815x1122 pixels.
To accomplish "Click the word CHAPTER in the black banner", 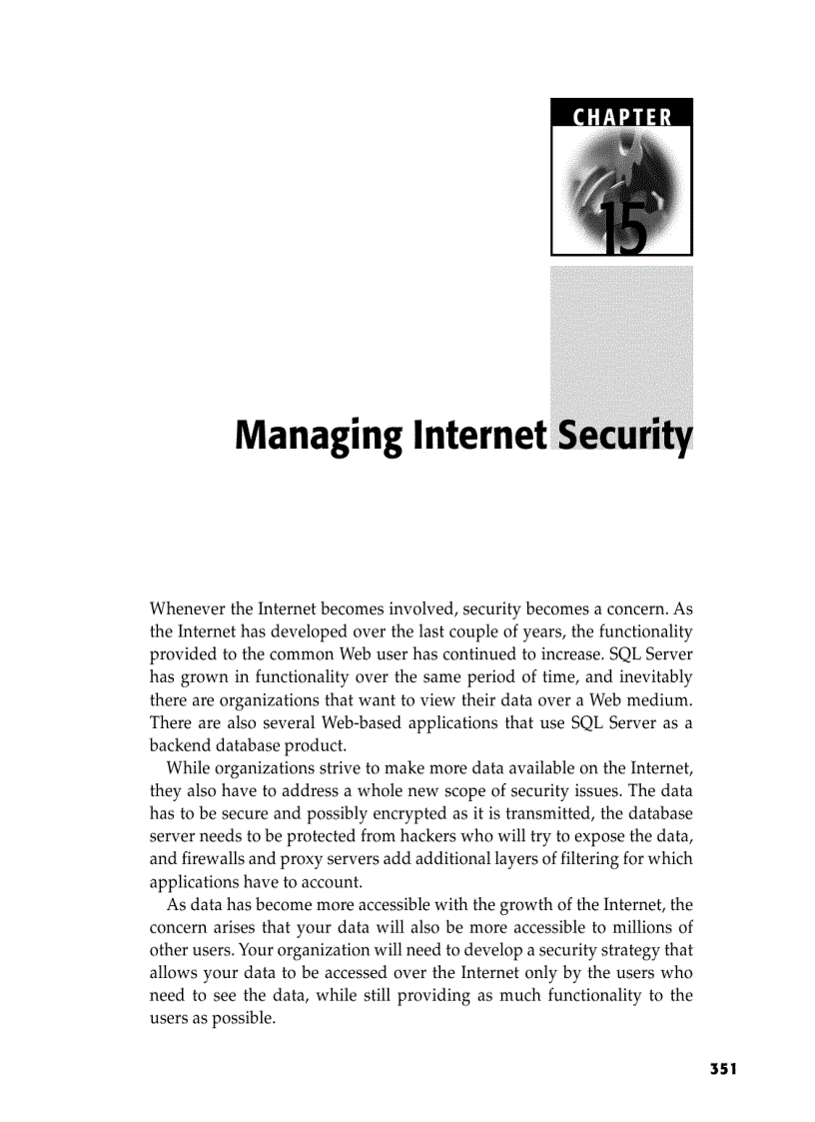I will [x=621, y=117].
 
